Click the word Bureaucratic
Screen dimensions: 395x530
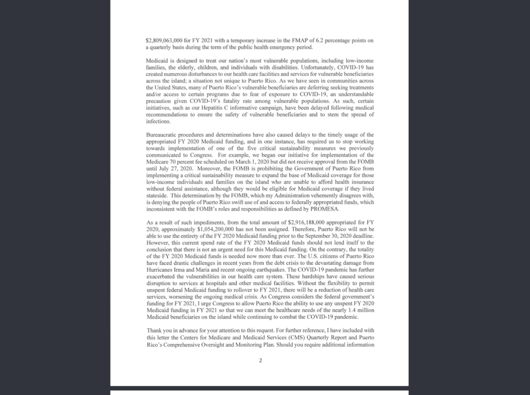pos(160,134)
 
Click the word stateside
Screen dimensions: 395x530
pos(156,195)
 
